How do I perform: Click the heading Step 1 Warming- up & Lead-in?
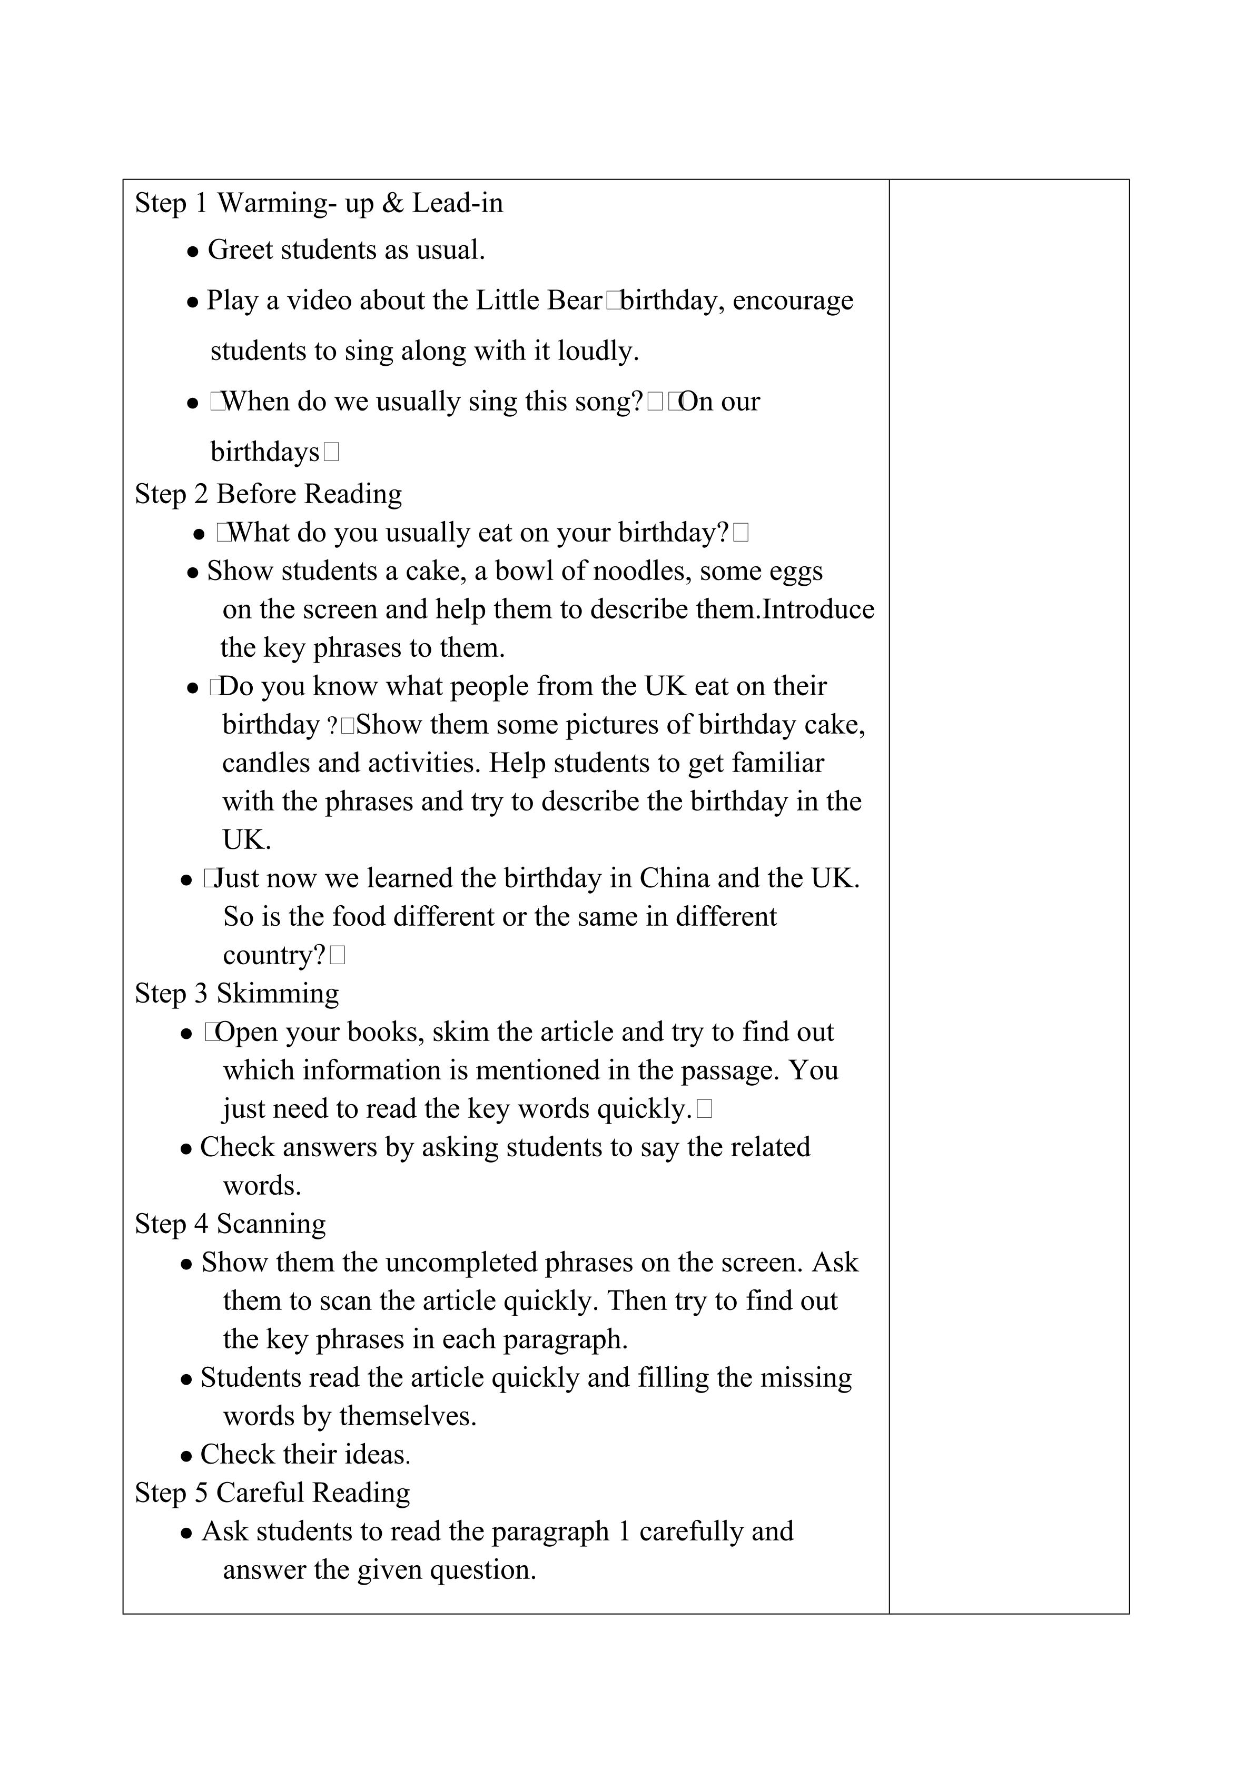tap(319, 203)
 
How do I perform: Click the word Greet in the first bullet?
tap(240, 250)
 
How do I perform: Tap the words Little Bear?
tap(538, 300)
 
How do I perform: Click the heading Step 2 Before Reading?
tap(268, 494)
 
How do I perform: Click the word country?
tap(274, 955)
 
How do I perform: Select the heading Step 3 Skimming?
tap(236, 993)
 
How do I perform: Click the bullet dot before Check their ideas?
tap(186, 1456)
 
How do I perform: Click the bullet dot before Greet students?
tap(193, 252)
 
